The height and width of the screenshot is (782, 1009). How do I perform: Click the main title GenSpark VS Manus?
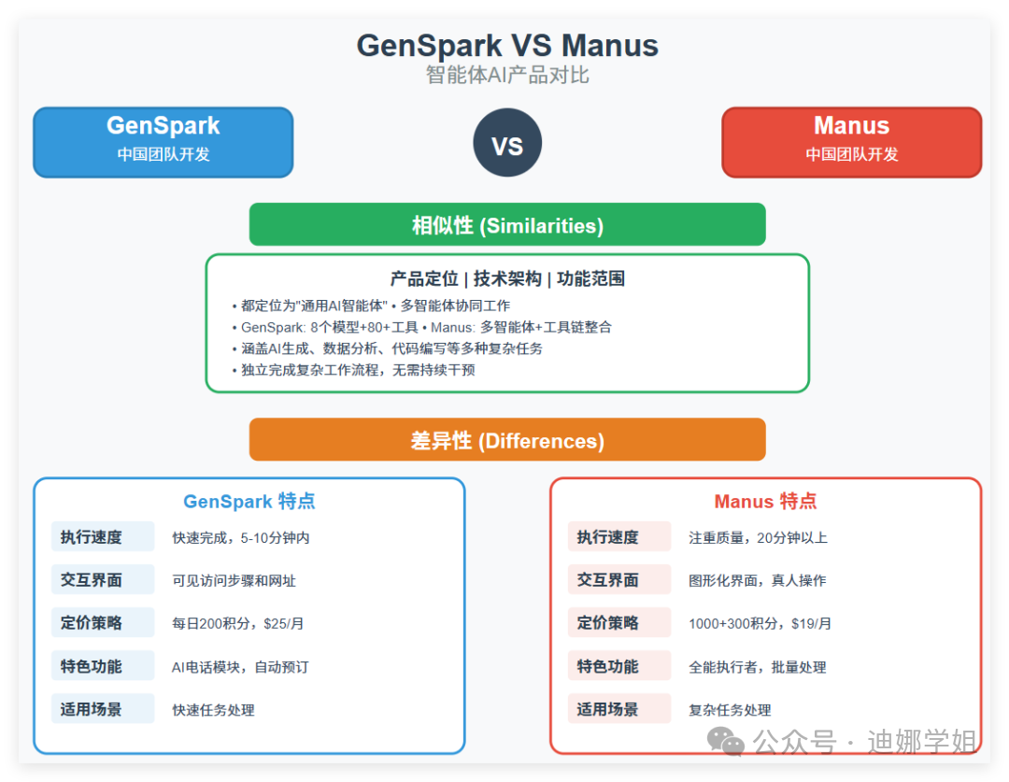[x=507, y=46]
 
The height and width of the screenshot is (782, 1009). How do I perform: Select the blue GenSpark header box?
[x=163, y=141]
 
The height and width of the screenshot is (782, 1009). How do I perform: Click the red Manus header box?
[x=851, y=141]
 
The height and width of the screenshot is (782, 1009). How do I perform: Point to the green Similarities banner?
[x=507, y=225]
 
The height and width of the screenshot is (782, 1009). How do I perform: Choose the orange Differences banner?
[x=507, y=440]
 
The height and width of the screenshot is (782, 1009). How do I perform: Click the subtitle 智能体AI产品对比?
[x=507, y=76]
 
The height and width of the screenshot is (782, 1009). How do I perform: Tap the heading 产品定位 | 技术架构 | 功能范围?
[x=507, y=278]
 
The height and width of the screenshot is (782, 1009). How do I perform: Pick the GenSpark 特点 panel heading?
[x=249, y=502]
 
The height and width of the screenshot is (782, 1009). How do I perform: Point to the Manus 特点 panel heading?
[x=765, y=502]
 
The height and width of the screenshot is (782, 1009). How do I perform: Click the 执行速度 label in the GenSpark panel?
[x=92, y=537]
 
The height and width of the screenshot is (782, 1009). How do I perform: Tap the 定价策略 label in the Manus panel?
[x=608, y=623]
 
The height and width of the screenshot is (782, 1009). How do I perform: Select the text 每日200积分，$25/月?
[x=238, y=623]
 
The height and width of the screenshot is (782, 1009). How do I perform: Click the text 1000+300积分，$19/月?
[x=760, y=623]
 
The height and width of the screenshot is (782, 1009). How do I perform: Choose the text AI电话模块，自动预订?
[x=240, y=667]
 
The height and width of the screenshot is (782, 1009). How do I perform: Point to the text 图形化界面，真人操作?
[x=758, y=580]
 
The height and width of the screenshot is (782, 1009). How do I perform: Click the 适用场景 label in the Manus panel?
[x=608, y=709]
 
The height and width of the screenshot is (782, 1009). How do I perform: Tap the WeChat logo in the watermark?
[x=725, y=742]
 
